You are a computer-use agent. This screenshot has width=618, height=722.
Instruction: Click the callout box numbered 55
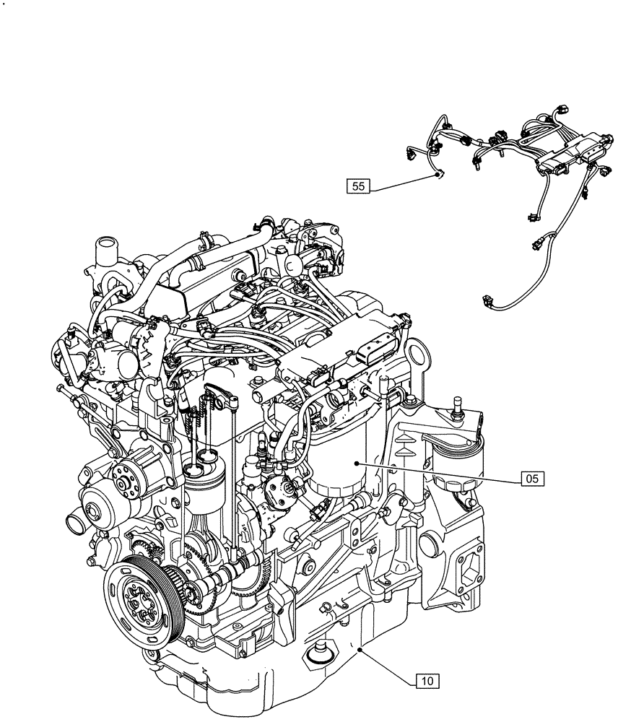point(359,187)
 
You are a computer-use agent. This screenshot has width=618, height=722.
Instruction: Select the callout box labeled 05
point(531,477)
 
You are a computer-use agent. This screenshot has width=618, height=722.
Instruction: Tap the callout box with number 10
point(427,679)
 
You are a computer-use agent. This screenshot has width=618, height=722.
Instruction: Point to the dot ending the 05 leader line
point(357,463)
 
